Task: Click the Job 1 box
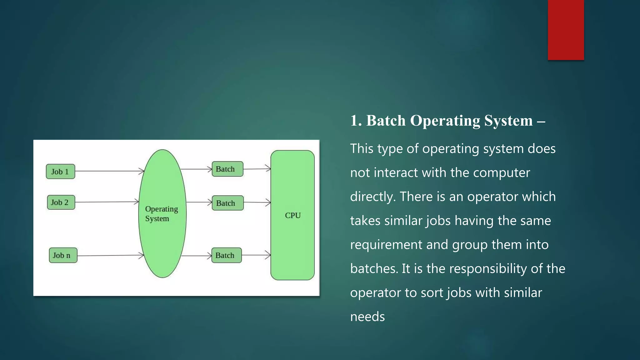pyautogui.click(x=60, y=172)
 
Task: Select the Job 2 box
pyautogui.click(x=61, y=202)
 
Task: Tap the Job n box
pyautogui.click(x=63, y=255)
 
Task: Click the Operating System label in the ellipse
pyautogui.click(x=161, y=214)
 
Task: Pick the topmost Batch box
pyautogui.click(x=227, y=169)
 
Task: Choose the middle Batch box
pyautogui.click(x=227, y=203)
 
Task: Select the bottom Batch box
pyautogui.click(x=226, y=255)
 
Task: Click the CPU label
pyautogui.click(x=293, y=215)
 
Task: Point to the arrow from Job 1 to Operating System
pyautogui.click(x=109, y=171)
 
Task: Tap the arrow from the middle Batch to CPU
pyautogui.click(x=257, y=202)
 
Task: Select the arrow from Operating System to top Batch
pyautogui.click(x=196, y=169)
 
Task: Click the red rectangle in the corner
pyautogui.click(x=566, y=30)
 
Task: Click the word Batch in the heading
pyautogui.click(x=386, y=121)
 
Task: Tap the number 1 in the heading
pyautogui.click(x=354, y=121)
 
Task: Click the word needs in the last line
pyautogui.click(x=367, y=317)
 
